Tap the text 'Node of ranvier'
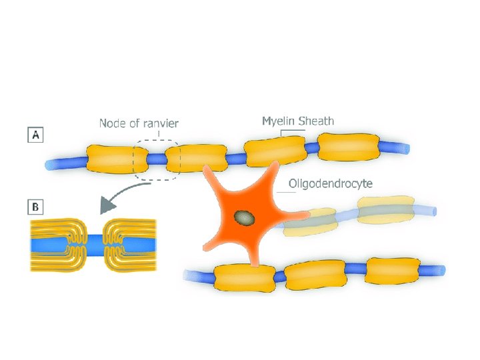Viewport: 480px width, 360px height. click(139, 123)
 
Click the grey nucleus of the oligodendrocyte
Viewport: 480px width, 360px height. click(244, 217)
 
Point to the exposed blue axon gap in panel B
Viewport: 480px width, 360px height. click(93, 245)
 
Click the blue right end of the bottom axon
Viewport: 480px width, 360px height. click(435, 270)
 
